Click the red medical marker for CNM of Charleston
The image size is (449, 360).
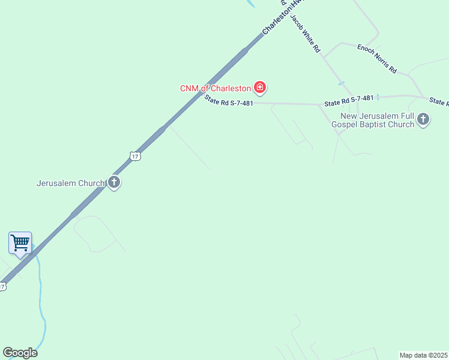[260, 88]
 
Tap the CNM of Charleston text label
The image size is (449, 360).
[215, 88]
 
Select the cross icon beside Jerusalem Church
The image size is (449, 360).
[114, 183]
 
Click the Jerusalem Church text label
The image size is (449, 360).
[70, 183]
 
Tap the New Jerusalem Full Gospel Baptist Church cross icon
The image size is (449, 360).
[423, 119]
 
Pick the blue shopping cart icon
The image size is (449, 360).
[20, 243]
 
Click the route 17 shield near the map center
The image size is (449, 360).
[135, 156]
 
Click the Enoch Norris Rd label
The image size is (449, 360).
[377, 58]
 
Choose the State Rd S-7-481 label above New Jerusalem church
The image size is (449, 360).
[349, 101]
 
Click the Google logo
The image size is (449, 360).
[20, 353]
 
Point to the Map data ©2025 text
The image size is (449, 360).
[424, 355]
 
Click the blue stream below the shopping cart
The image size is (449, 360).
[40, 300]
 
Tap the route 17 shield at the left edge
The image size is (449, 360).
[2, 287]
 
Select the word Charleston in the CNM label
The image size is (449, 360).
[229, 88]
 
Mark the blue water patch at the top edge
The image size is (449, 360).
[250, 3]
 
